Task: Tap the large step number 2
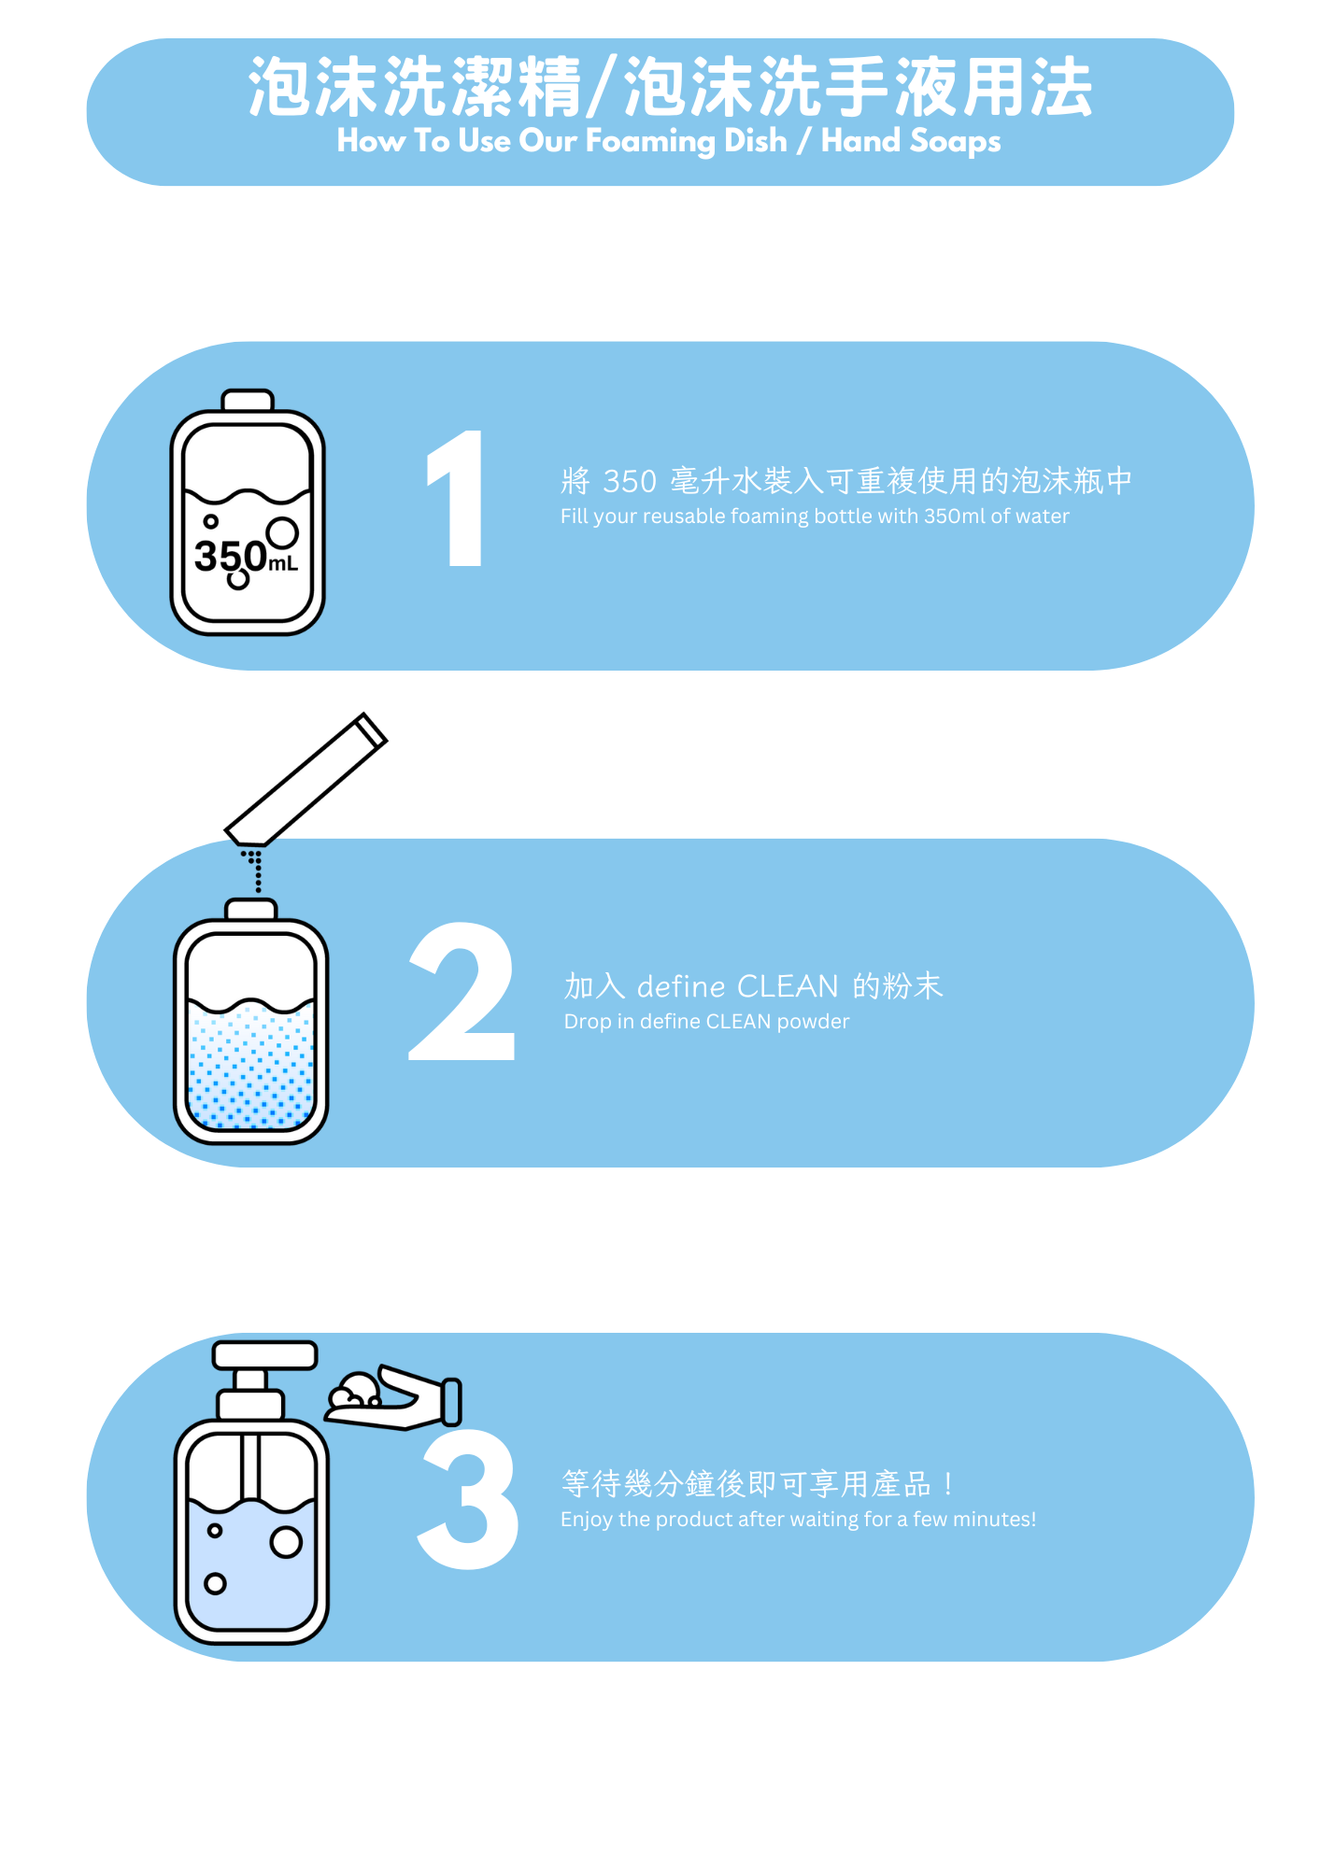462,992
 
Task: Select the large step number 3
469,1499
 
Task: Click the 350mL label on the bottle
246,558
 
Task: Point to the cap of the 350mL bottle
248,401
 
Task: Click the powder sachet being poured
305,780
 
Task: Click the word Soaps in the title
955,142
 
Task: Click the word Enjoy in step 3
587,1520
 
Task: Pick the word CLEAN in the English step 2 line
738,1022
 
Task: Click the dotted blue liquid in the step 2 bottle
250,1065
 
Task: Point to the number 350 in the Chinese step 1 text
630,481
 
